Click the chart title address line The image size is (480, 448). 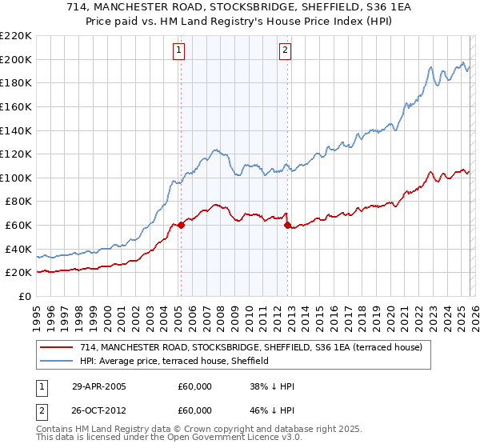[240, 7]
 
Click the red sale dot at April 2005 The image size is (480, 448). [181, 225]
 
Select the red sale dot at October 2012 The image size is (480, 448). [287, 225]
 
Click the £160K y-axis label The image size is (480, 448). [16, 106]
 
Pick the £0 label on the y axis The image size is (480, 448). [24, 296]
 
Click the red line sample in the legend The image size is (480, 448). [58, 347]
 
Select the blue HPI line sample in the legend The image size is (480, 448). [58, 362]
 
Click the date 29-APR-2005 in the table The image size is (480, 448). [98, 386]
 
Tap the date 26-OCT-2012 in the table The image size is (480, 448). [98, 412]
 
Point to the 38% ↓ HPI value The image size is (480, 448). [272, 386]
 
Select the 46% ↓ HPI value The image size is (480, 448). [272, 412]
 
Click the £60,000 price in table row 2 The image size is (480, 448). [194, 412]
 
